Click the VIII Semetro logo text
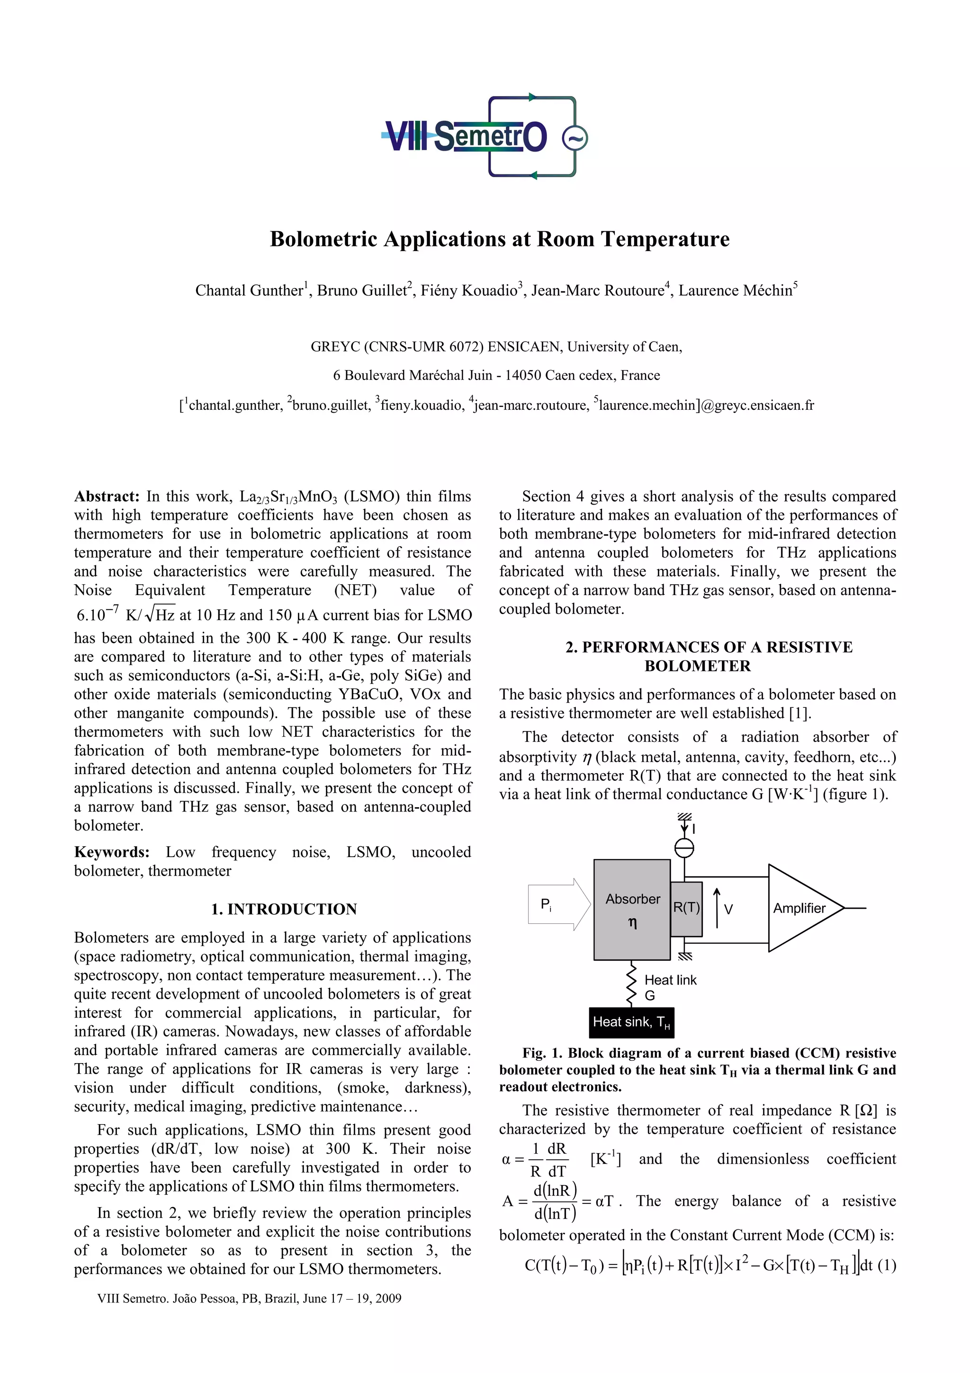click(465, 136)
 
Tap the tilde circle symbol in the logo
click(575, 138)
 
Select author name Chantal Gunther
click(249, 290)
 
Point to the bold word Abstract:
click(107, 497)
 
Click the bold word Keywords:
click(112, 852)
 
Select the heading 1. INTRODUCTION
click(283, 909)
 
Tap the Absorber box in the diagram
click(632, 909)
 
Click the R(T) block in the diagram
click(686, 908)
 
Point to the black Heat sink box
click(631, 1022)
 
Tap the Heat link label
click(670, 980)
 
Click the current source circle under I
click(684, 848)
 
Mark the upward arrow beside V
click(717, 908)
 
